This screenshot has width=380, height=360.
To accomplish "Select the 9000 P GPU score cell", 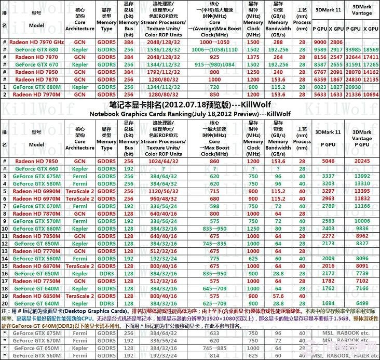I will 320,42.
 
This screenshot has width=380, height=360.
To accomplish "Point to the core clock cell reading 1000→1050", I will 214,42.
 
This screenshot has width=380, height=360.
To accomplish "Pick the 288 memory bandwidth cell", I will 278,42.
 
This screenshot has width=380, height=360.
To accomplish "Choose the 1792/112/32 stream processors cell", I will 163,72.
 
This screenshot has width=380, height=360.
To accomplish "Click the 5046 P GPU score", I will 327,162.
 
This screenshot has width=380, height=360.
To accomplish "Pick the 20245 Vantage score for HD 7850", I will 362,162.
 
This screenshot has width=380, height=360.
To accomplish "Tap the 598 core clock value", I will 214,206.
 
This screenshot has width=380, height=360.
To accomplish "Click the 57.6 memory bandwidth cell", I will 278,296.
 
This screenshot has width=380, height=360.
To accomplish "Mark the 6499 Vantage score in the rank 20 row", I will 362,303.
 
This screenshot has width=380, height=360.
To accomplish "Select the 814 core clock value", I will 214,356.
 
